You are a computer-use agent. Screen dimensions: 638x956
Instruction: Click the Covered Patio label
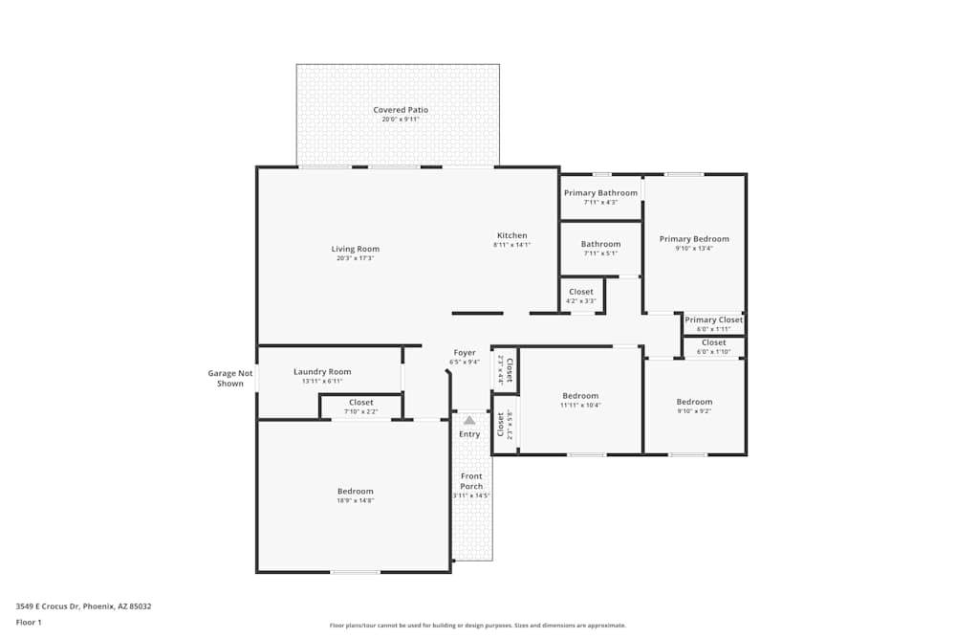pos(401,110)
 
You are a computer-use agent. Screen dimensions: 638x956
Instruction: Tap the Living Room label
pos(356,250)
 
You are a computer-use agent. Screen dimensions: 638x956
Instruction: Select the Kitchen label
pos(511,236)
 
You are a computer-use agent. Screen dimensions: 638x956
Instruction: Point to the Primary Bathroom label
pos(600,193)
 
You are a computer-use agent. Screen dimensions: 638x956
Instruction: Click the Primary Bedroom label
pos(694,239)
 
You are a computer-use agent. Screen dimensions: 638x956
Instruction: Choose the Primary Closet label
pos(713,320)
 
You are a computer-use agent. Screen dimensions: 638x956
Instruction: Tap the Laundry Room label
pos(322,372)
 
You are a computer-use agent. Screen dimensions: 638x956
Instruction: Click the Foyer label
pos(465,353)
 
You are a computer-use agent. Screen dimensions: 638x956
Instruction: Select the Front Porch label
pos(471,481)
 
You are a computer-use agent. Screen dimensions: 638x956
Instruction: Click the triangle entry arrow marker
pos(469,420)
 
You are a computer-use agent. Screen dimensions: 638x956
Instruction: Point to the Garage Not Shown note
pos(230,378)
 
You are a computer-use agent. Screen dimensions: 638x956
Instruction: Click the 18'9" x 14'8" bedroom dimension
pos(355,500)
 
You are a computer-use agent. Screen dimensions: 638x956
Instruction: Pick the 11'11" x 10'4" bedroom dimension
pos(580,405)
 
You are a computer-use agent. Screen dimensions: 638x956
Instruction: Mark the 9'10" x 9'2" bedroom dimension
pos(694,410)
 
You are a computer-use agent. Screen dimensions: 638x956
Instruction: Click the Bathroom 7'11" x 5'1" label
pos(600,248)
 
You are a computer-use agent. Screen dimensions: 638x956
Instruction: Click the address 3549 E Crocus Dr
pos(83,605)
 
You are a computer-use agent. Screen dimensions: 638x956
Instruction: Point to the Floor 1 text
pos(29,622)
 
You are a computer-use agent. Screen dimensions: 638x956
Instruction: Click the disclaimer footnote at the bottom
pos(477,626)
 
